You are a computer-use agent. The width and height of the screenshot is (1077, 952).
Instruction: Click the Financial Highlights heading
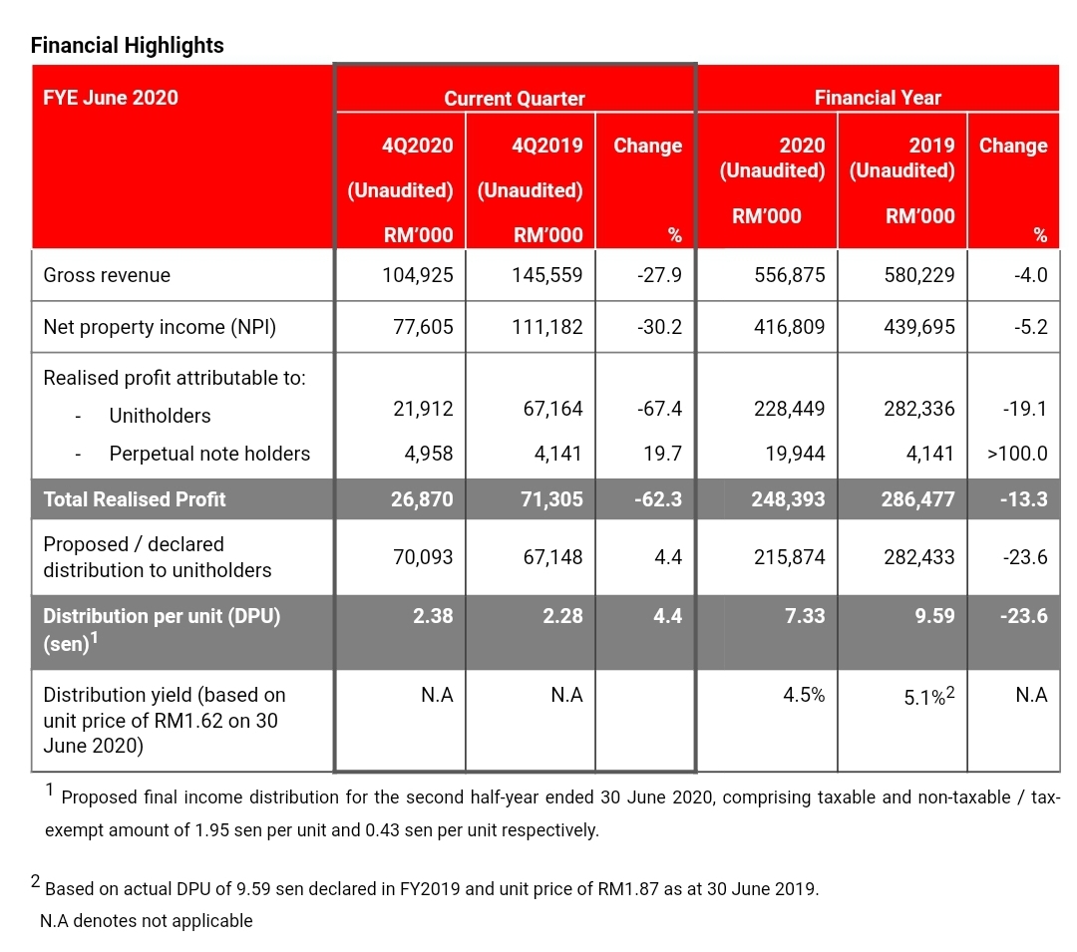click(x=127, y=45)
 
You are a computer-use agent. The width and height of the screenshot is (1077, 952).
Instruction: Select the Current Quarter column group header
click(x=515, y=98)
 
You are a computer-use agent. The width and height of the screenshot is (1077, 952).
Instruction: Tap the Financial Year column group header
click(x=878, y=98)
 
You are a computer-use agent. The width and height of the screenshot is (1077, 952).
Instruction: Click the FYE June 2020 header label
click(x=111, y=98)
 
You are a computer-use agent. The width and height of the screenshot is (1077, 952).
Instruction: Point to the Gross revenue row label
click(x=107, y=274)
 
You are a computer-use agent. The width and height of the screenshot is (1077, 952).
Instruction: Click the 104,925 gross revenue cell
click(x=418, y=274)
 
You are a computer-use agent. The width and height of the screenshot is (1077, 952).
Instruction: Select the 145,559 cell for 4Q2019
click(x=546, y=274)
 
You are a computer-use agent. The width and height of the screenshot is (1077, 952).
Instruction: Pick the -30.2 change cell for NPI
click(x=659, y=327)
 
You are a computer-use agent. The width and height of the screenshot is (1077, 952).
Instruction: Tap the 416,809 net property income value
click(x=789, y=327)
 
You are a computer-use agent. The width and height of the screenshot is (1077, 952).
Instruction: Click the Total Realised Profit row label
click(x=135, y=499)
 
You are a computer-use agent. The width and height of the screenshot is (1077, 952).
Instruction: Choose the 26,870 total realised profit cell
click(x=422, y=499)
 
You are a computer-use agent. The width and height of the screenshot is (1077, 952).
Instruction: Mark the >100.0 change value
click(x=1017, y=453)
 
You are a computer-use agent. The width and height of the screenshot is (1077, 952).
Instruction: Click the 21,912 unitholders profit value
click(x=423, y=409)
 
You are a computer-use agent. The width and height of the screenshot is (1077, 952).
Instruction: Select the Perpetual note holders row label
click(x=209, y=453)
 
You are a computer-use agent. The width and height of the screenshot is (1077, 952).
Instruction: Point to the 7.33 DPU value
click(x=805, y=616)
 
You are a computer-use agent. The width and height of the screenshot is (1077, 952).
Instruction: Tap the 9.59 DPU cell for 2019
click(x=934, y=616)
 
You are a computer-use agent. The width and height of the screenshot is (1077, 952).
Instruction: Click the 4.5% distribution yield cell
click(x=804, y=695)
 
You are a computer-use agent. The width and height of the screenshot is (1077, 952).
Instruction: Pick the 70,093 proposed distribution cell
click(x=423, y=556)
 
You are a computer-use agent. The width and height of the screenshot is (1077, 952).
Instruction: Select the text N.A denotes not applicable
click(x=147, y=920)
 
